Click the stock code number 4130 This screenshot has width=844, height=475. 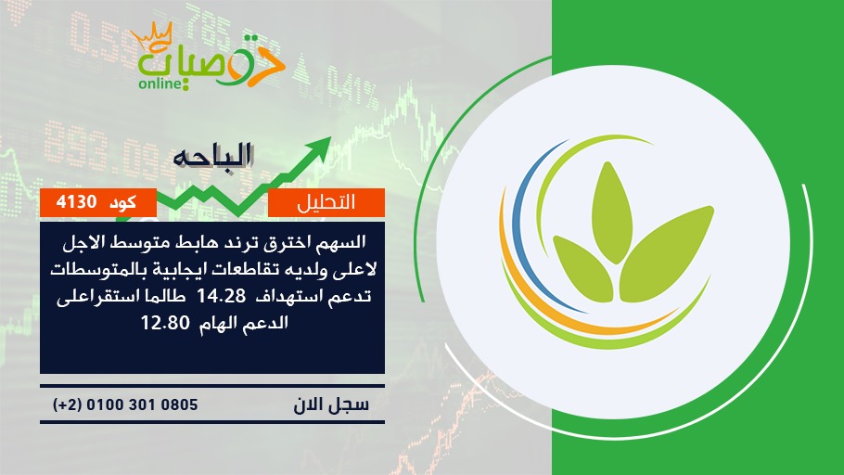coord(76,202)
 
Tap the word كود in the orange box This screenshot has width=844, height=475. coord(122,202)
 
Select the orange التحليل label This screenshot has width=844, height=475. coord(326,202)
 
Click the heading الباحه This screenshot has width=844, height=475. coord(212,156)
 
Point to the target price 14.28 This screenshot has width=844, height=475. coord(222,296)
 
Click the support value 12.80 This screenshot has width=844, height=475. coord(165,323)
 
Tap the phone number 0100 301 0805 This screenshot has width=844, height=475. coord(142,404)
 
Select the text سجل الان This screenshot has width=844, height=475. coord(331,405)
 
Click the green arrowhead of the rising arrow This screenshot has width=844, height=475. coord(319,148)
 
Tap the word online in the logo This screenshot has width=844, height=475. coord(159,83)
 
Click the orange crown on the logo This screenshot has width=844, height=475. coord(151,38)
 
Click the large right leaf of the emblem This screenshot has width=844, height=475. coord(665,253)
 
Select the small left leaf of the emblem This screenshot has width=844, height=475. coord(583,268)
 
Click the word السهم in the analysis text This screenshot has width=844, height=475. coord(343,242)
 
